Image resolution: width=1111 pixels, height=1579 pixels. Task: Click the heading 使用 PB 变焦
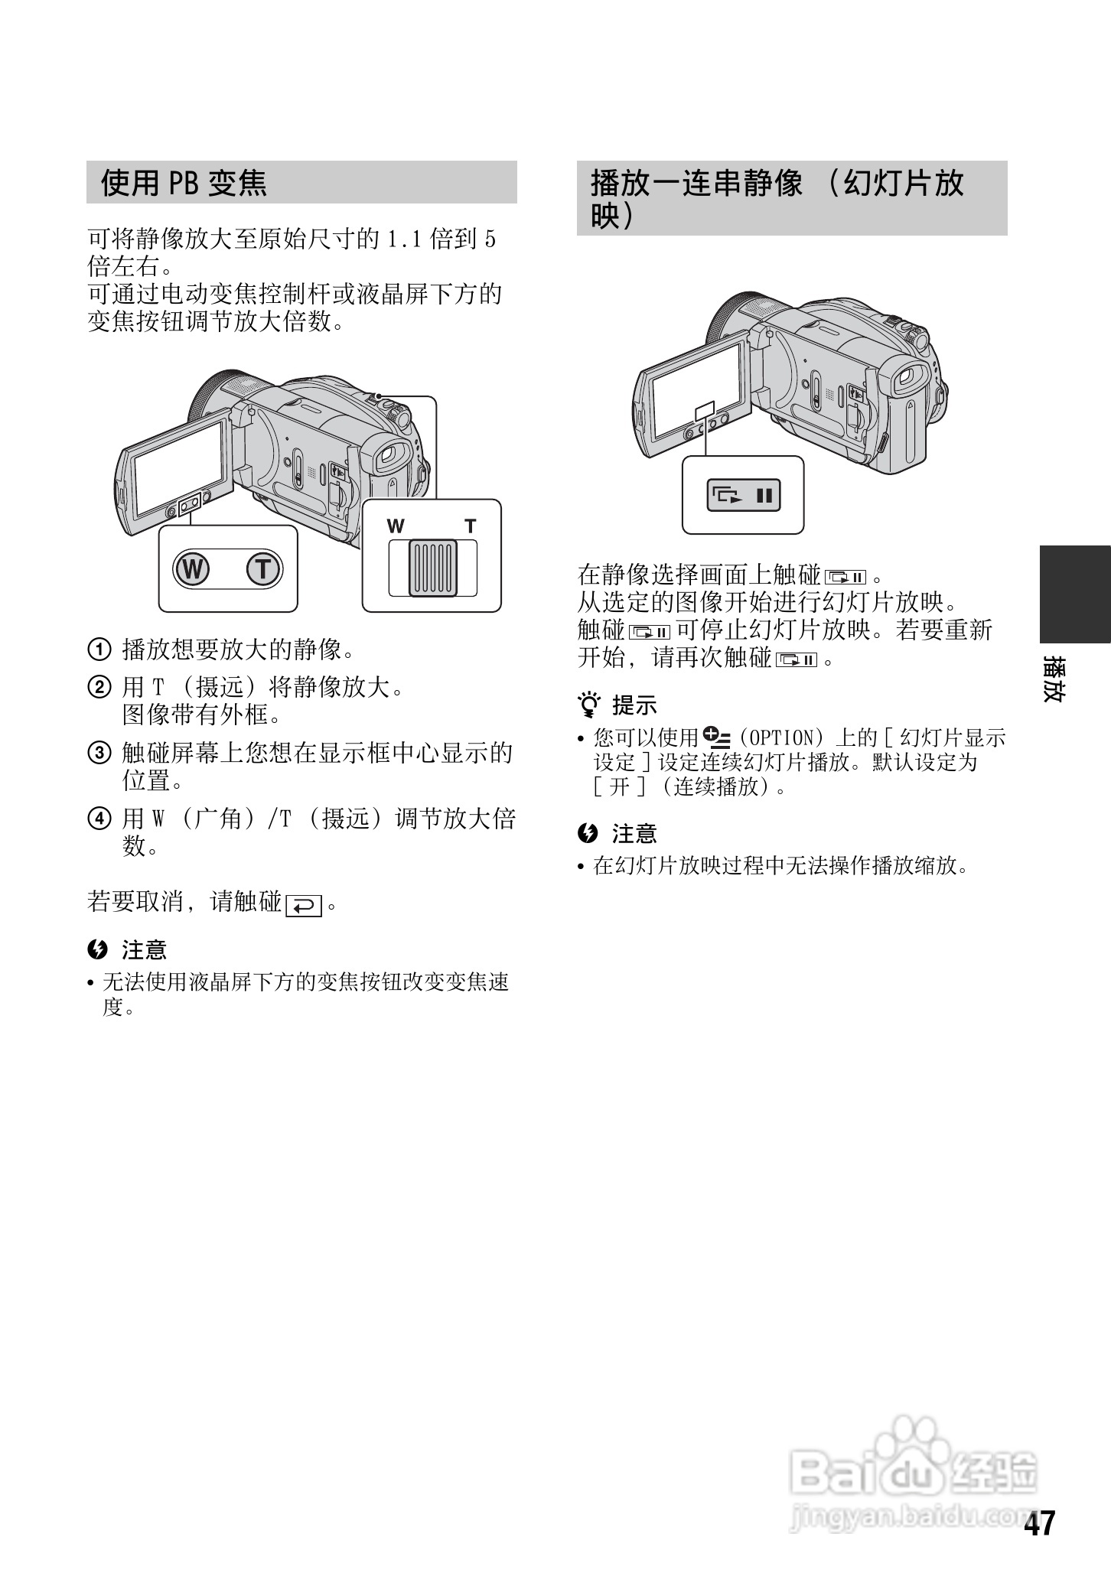click(x=184, y=183)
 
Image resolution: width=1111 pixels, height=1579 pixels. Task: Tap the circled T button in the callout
click(x=264, y=569)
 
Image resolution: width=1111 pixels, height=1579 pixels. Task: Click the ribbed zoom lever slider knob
click(x=432, y=567)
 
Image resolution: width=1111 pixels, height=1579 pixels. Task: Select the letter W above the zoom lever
click(x=396, y=526)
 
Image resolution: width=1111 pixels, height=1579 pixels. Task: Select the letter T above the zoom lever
click(x=471, y=526)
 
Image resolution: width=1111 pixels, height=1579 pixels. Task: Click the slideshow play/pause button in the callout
click(x=743, y=495)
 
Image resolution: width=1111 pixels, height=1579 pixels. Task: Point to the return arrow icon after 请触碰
click(x=304, y=906)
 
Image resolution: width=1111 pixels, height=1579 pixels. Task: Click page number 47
click(x=1040, y=1524)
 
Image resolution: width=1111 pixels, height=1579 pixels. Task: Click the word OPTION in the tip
click(x=780, y=738)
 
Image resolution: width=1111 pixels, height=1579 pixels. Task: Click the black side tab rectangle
click(x=1074, y=594)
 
